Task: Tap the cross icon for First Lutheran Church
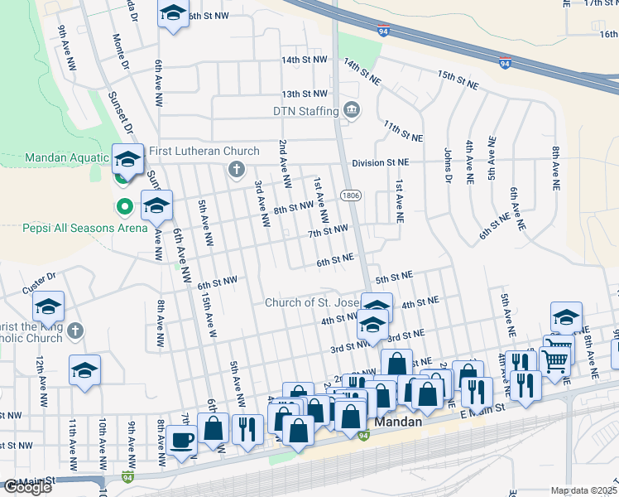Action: pos(236,170)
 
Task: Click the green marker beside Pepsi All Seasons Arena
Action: pos(124,206)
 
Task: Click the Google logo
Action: pos(27,487)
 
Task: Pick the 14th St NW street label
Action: pos(305,60)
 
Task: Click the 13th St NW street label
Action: pos(305,94)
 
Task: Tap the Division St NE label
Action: pos(380,163)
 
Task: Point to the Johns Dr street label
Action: pos(448,165)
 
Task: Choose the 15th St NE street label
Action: pos(458,80)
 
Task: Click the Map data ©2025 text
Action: pos(584,490)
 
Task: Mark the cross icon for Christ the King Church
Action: pos(74,331)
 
